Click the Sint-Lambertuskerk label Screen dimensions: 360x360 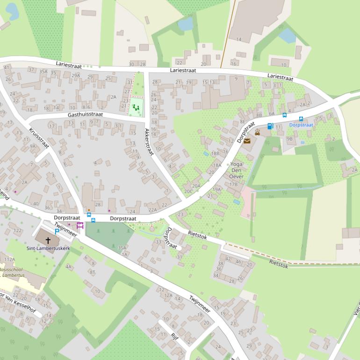click(x=48, y=248)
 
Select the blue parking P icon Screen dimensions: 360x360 click(x=57, y=231)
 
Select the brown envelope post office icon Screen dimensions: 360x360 click(x=246, y=141)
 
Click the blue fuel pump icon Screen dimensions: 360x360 click(x=270, y=126)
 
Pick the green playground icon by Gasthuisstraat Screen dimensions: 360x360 click(x=136, y=108)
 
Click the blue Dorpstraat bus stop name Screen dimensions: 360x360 click(x=301, y=125)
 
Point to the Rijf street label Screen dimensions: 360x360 click(x=175, y=336)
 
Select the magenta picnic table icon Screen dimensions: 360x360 click(x=80, y=226)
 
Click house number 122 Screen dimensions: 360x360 click(x=18, y=230)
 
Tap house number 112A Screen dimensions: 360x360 click(x=9, y=259)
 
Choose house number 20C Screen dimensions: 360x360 click(x=188, y=191)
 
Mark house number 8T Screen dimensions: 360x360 click(x=92, y=272)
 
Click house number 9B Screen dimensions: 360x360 click(x=289, y=138)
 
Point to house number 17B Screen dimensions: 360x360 click(x=233, y=184)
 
